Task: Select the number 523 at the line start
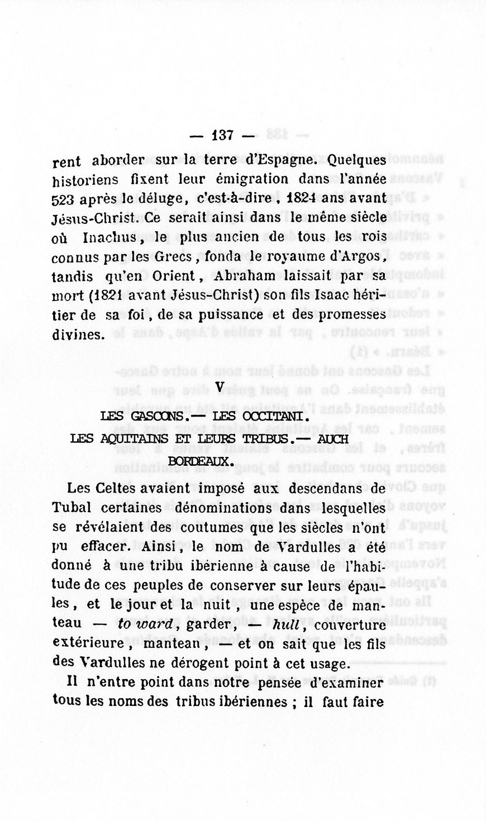(x=64, y=199)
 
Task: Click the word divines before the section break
(x=78, y=335)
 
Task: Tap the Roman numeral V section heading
(x=219, y=386)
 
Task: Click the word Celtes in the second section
(x=115, y=488)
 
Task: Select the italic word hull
(x=288, y=624)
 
